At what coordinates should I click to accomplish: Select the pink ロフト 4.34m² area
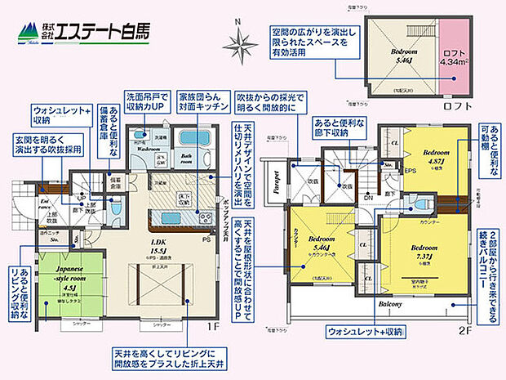(451, 58)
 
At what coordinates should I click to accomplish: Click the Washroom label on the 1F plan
(149, 149)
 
